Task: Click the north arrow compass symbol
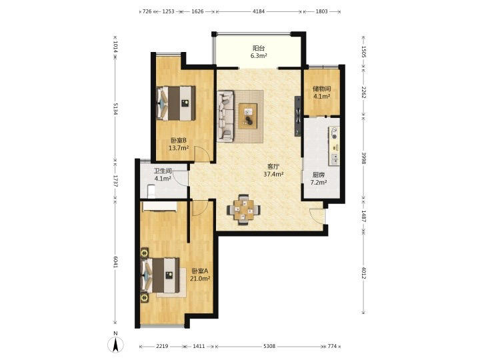tap(116, 344)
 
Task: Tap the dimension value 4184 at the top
tap(259, 11)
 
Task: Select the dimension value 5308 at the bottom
tap(269, 346)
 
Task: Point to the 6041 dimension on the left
tap(115, 261)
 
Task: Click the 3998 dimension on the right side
tap(364, 158)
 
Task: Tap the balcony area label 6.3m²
tap(259, 56)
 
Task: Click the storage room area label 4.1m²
tap(321, 97)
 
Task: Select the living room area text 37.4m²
tap(273, 174)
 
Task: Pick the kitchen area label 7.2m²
tap(319, 183)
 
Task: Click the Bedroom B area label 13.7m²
tap(179, 148)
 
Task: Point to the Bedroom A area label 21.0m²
tap(200, 279)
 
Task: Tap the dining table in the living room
tap(244, 210)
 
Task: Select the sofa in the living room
tap(225, 116)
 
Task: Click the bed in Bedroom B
tap(176, 103)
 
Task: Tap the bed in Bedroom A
tap(160, 275)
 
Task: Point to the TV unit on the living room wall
tap(298, 116)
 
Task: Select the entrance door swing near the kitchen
tap(317, 216)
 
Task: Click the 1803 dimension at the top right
tap(322, 11)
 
